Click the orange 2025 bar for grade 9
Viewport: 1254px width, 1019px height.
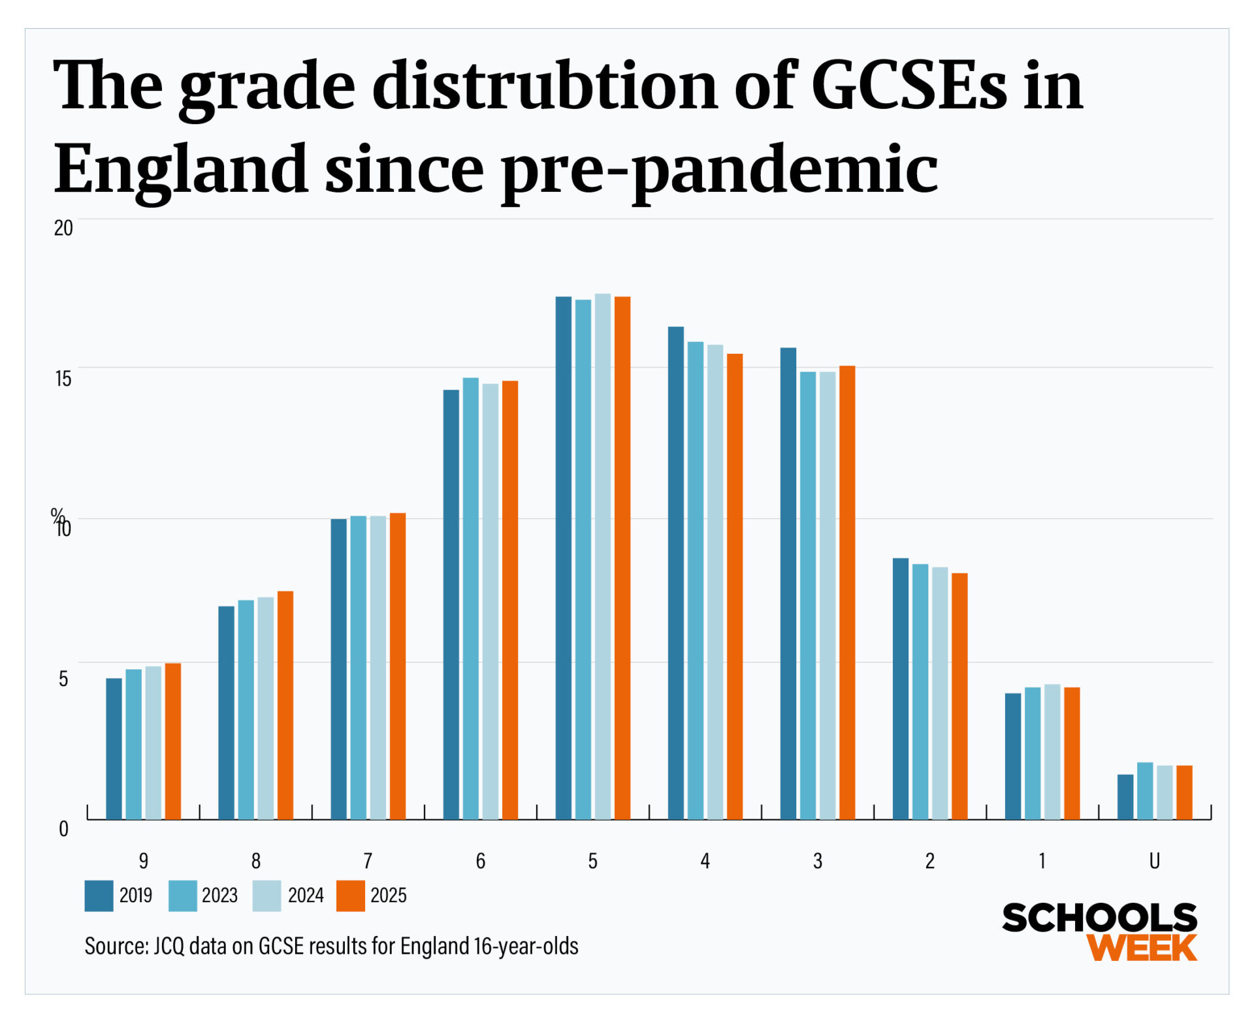click(x=172, y=741)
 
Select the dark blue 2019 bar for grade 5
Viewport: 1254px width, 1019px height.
click(x=563, y=558)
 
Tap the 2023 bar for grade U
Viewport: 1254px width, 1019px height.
click(x=1144, y=791)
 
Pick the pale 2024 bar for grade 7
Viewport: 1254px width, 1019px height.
click(x=378, y=667)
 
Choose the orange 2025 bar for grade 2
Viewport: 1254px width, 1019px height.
click(x=959, y=696)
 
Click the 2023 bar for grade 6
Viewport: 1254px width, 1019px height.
click(x=470, y=598)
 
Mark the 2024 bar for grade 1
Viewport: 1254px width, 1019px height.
click(x=1052, y=751)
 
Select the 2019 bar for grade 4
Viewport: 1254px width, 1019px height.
click(x=675, y=572)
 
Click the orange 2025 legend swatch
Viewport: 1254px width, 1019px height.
click(x=350, y=896)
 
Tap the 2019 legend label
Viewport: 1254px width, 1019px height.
click(x=135, y=895)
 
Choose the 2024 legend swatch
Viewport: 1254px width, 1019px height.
click(x=266, y=896)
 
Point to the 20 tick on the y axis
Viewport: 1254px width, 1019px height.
click(x=63, y=228)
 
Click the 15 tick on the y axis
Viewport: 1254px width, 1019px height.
click(x=63, y=378)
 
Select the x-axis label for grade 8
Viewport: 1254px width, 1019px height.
click(x=255, y=861)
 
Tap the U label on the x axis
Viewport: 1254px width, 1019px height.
click(x=1154, y=861)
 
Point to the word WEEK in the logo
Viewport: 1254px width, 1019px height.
click(x=1142, y=947)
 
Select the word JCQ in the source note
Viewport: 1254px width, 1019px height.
click(x=169, y=946)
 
